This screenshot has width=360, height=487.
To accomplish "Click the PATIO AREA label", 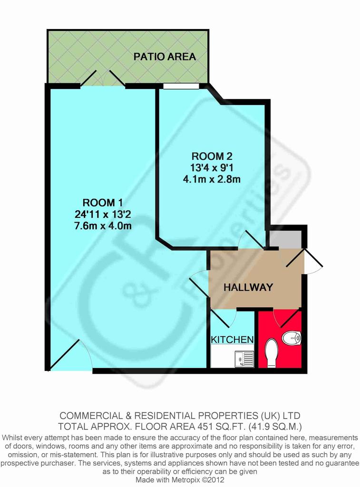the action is pyautogui.click(x=165, y=57).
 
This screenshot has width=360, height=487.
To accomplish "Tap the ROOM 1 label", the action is pyautogui.click(x=103, y=203).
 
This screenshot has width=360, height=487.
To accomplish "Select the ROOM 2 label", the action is pyautogui.click(x=212, y=156).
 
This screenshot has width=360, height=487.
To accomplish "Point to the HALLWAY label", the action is pyautogui.click(x=248, y=287).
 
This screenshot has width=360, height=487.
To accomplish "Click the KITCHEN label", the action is pyautogui.click(x=233, y=340).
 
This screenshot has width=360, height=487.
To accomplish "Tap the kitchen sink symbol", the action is pyautogui.click(x=244, y=359).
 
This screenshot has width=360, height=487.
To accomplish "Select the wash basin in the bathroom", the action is pyautogui.click(x=292, y=338).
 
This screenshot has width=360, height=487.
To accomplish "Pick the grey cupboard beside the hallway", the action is pyautogui.click(x=285, y=239).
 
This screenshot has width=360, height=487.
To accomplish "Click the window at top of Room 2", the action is pyautogui.click(x=181, y=86).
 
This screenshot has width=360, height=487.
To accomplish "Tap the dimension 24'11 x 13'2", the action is pyautogui.click(x=103, y=214).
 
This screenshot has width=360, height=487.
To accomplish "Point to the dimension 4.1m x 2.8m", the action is pyautogui.click(x=212, y=179).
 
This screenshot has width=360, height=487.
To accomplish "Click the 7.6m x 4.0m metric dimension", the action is pyautogui.click(x=103, y=225).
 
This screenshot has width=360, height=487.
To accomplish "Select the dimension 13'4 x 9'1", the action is pyautogui.click(x=212, y=167).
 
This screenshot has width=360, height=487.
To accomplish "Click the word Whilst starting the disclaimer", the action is pyautogui.click(x=12, y=438).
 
